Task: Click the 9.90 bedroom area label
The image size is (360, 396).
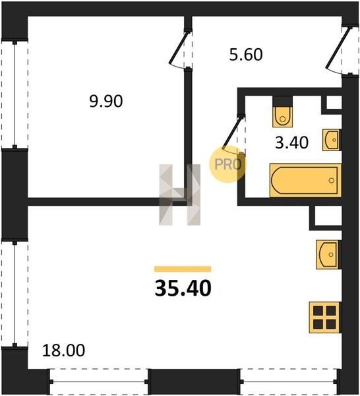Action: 106,101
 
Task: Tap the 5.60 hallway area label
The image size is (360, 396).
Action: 246,55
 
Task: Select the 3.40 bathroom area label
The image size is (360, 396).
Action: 291,143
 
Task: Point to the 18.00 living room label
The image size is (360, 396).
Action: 63,350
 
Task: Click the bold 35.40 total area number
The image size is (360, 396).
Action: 183,288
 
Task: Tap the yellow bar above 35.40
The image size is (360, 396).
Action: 183,269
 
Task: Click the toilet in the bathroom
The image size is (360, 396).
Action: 283,112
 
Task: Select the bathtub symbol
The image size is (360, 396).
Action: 305,180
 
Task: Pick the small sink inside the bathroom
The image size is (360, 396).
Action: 332,140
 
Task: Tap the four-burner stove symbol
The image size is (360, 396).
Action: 325,317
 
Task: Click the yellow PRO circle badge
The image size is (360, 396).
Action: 227,164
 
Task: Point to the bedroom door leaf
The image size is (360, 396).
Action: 179,48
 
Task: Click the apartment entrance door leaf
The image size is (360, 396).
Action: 338,48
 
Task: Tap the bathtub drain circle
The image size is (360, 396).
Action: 332,180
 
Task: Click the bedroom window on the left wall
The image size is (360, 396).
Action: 15,94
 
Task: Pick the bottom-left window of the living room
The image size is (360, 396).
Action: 99,382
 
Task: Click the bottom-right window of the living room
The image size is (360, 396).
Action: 289,382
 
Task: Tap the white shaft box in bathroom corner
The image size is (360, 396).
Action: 334,102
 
